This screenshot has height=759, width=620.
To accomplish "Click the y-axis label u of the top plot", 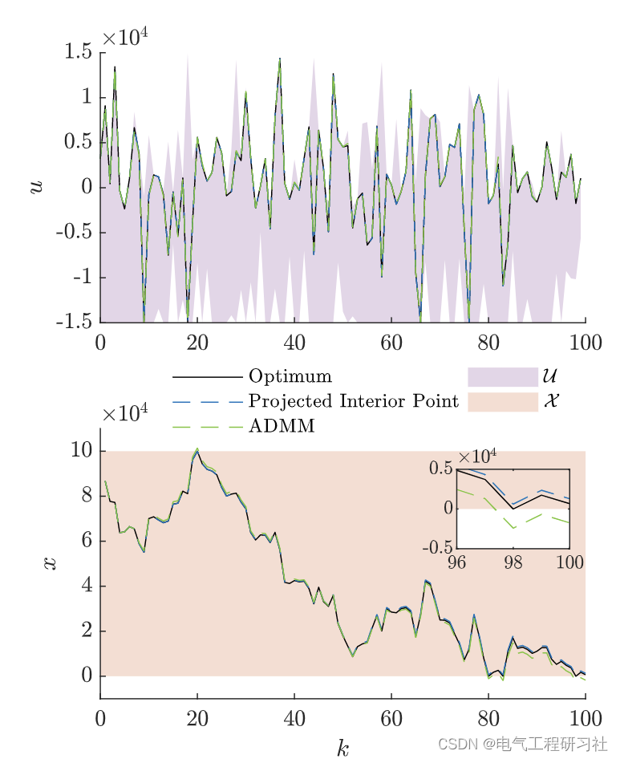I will (36, 186).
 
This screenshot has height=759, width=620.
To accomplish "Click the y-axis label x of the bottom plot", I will (51, 562).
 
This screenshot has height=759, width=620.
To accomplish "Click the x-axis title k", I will (343, 748).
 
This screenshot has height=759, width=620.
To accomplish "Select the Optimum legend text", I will (290, 376).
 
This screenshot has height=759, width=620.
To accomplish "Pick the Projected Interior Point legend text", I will (354, 400).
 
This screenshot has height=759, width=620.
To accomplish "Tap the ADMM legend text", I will (282, 426).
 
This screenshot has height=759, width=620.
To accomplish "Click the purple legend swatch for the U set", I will (502, 376).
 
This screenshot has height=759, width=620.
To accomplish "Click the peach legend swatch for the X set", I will (502, 401).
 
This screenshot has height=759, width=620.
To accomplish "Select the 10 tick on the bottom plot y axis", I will (81, 452).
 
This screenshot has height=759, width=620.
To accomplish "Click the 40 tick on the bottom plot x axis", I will (294, 716).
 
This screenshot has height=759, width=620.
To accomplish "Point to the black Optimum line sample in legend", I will (207, 376).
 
